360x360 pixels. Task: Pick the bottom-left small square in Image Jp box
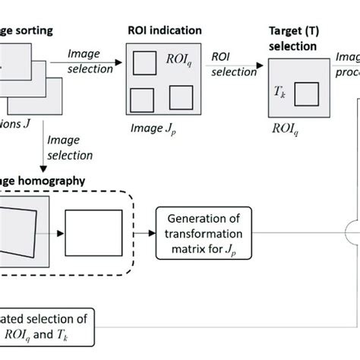pyautogui.click(x=141, y=99)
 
